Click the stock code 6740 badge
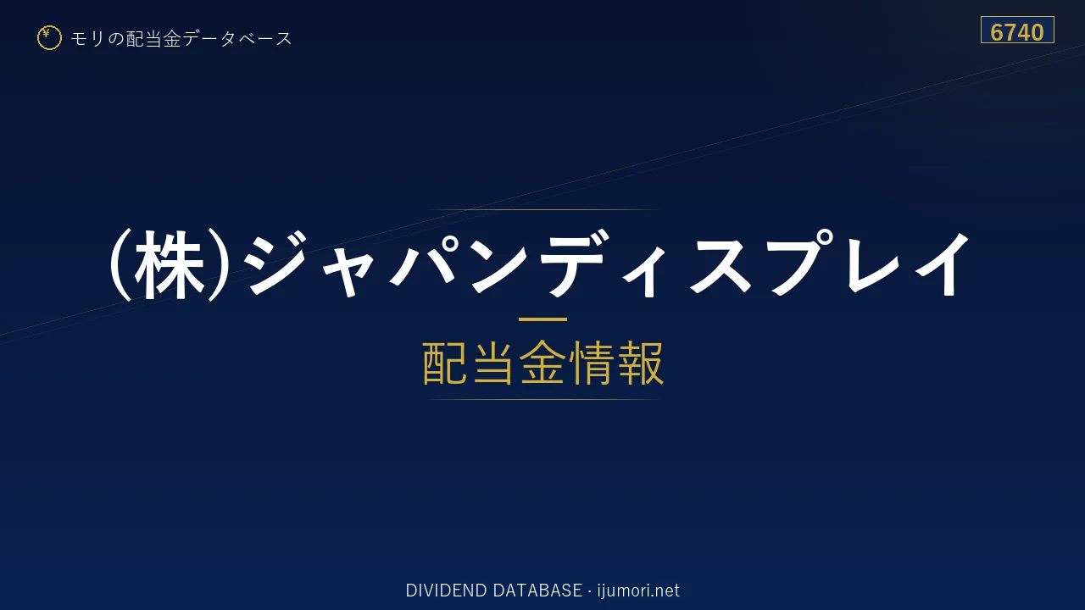point(1017,30)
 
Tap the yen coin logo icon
point(49,38)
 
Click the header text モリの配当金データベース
point(181,39)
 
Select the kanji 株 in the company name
point(169,265)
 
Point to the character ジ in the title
point(276,263)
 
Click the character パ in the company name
point(422,263)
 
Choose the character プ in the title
point(803,262)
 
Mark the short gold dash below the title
point(542,319)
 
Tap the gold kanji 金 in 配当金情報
point(542,363)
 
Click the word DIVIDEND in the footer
point(446,591)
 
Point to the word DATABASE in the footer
point(537,591)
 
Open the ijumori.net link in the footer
point(638,591)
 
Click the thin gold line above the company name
point(542,209)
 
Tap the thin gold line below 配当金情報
point(542,399)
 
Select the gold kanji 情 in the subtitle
point(593,363)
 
